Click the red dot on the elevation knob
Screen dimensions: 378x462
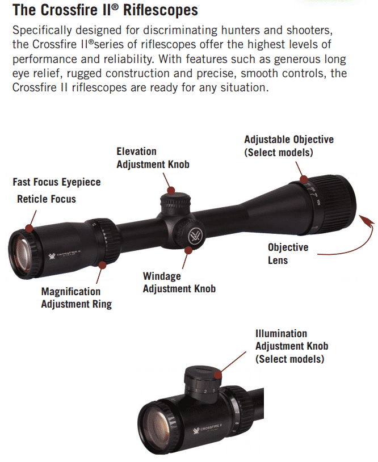click(171, 190)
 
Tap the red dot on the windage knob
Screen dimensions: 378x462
click(188, 250)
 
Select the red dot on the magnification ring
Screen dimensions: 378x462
click(102, 265)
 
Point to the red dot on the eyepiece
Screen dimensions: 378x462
click(29, 228)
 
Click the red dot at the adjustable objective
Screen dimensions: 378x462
click(304, 179)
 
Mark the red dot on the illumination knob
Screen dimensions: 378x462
click(218, 375)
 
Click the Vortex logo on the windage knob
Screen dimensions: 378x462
click(195, 236)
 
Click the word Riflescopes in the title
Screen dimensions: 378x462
click(161, 10)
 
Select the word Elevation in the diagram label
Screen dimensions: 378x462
click(136, 152)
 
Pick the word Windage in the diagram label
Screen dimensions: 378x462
click(162, 276)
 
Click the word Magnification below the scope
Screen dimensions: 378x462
click(71, 292)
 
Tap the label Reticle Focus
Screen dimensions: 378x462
click(47, 199)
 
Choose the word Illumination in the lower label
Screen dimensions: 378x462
click(282, 334)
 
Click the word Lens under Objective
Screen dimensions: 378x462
click(278, 261)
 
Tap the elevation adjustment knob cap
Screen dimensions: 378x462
click(175, 201)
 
